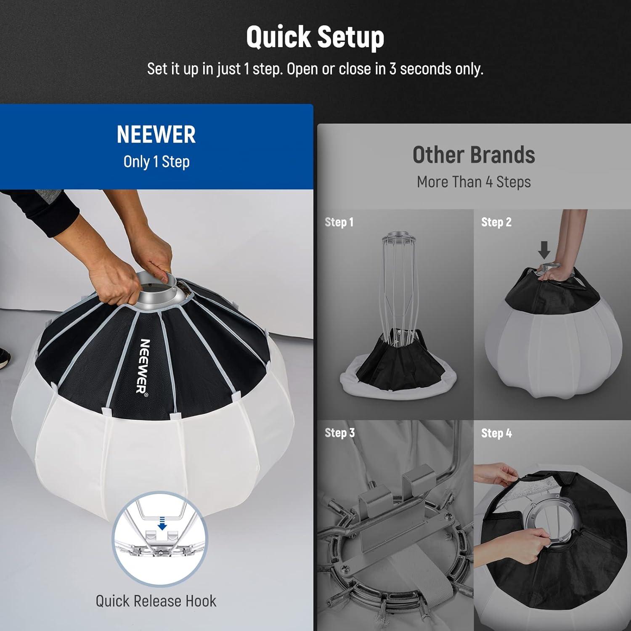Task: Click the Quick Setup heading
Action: click(x=315, y=37)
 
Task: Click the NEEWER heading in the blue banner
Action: click(x=156, y=135)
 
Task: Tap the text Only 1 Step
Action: click(x=156, y=162)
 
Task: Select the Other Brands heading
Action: click(x=474, y=155)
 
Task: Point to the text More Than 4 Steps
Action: click(x=474, y=182)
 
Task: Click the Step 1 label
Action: click(x=339, y=222)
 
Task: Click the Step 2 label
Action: click(x=496, y=222)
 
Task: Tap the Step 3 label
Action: click(x=339, y=433)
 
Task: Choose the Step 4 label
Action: click(x=496, y=433)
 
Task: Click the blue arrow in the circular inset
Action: click(x=162, y=524)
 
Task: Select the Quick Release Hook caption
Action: click(x=156, y=601)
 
